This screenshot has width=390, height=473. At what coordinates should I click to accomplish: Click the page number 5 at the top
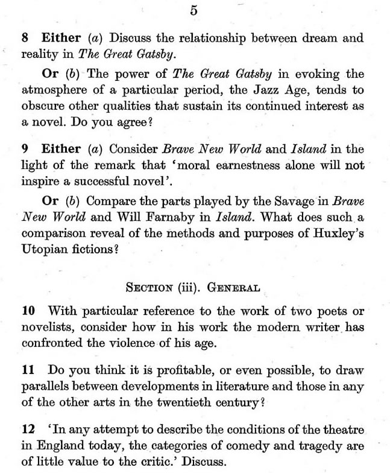[x=193, y=10]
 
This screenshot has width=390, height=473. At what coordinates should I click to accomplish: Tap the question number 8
[x=25, y=38]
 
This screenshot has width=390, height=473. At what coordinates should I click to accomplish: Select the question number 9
[x=25, y=149]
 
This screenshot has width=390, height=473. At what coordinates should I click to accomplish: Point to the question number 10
[x=28, y=311]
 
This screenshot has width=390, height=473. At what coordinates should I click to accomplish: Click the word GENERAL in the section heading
[x=233, y=288]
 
